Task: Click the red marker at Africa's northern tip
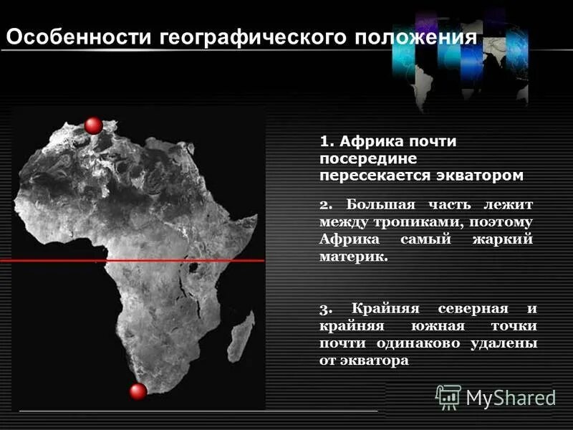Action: tap(93, 125)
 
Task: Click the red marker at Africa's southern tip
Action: tap(138, 391)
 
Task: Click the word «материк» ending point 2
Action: tap(352, 256)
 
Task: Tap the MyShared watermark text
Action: tap(511, 397)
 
